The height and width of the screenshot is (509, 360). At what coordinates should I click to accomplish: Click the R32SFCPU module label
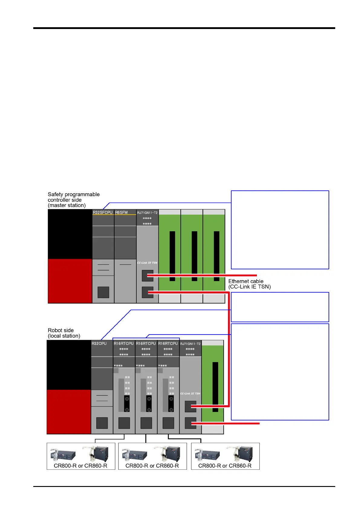[x=102, y=212]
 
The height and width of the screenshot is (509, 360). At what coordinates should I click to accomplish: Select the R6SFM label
[x=122, y=212]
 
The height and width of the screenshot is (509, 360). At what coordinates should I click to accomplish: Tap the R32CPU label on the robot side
[x=99, y=343]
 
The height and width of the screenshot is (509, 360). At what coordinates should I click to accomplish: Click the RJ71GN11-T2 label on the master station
[x=147, y=213]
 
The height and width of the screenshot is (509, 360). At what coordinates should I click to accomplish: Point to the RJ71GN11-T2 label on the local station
[x=190, y=344]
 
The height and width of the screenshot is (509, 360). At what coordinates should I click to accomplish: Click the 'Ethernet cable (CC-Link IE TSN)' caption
[x=249, y=284]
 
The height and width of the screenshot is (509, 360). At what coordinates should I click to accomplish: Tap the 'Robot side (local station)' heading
[x=64, y=333]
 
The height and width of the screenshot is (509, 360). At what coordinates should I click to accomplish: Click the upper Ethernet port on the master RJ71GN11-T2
[x=147, y=276]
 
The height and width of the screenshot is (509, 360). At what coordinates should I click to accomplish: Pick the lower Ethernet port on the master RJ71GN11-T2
[x=147, y=292]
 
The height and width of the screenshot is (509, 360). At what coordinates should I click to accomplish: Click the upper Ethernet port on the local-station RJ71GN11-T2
[x=190, y=407]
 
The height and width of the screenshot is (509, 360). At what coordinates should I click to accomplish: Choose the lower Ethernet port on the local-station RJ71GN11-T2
[x=190, y=423]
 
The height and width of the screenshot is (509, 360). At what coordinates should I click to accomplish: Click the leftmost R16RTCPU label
[x=124, y=343]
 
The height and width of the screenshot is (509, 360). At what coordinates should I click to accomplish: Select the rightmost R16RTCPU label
[x=168, y=343]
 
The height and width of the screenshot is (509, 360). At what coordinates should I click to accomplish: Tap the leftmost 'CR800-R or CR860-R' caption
[x=80, y=466]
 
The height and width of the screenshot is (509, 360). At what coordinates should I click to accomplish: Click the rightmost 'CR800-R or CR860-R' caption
[x=225, y=466]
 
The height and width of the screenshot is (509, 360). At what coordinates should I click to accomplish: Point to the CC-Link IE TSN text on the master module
[x=147, y=263]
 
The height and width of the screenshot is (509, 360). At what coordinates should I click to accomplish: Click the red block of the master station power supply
[x=70, y=281]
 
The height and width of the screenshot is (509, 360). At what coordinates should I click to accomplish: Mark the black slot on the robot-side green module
[x=215, y=387]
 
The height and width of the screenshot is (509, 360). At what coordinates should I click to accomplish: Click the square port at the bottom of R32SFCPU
[x=103, y=292]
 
